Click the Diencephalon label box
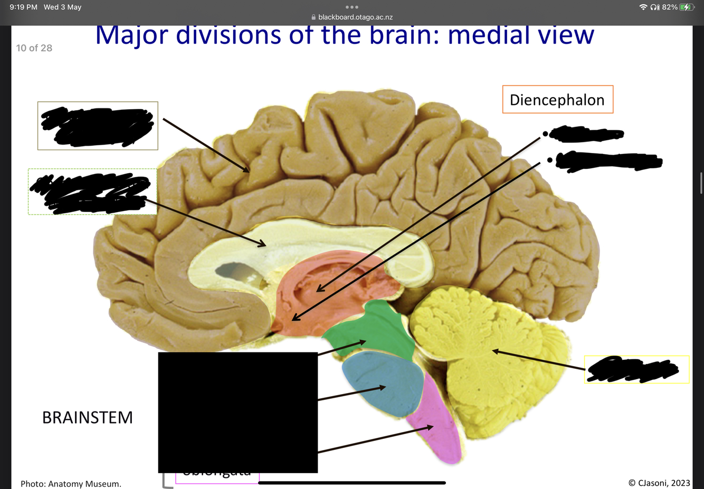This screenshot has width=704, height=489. [x=557, y=100]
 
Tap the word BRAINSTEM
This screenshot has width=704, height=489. [x=88, y=418]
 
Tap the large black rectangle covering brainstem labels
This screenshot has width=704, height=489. [x=237, y=412]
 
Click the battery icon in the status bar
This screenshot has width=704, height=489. [x=686, y=7]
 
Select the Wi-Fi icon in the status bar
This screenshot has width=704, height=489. [x=643, y=7]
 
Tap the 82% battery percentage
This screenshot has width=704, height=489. [x=669, y=7]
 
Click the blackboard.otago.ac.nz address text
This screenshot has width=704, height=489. [x=355, y=17]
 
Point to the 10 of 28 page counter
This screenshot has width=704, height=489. [x=34, y=48]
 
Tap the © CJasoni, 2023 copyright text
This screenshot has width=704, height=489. [x=659, y=483]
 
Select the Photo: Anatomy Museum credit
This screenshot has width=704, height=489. [x=71, y=484]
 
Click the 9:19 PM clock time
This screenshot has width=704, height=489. [x=23, y=7]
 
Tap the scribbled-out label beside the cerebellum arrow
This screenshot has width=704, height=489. [x=633, y=369]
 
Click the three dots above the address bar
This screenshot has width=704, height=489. [x=352, y=7]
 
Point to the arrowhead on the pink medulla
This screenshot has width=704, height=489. [x=431, y=427]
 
